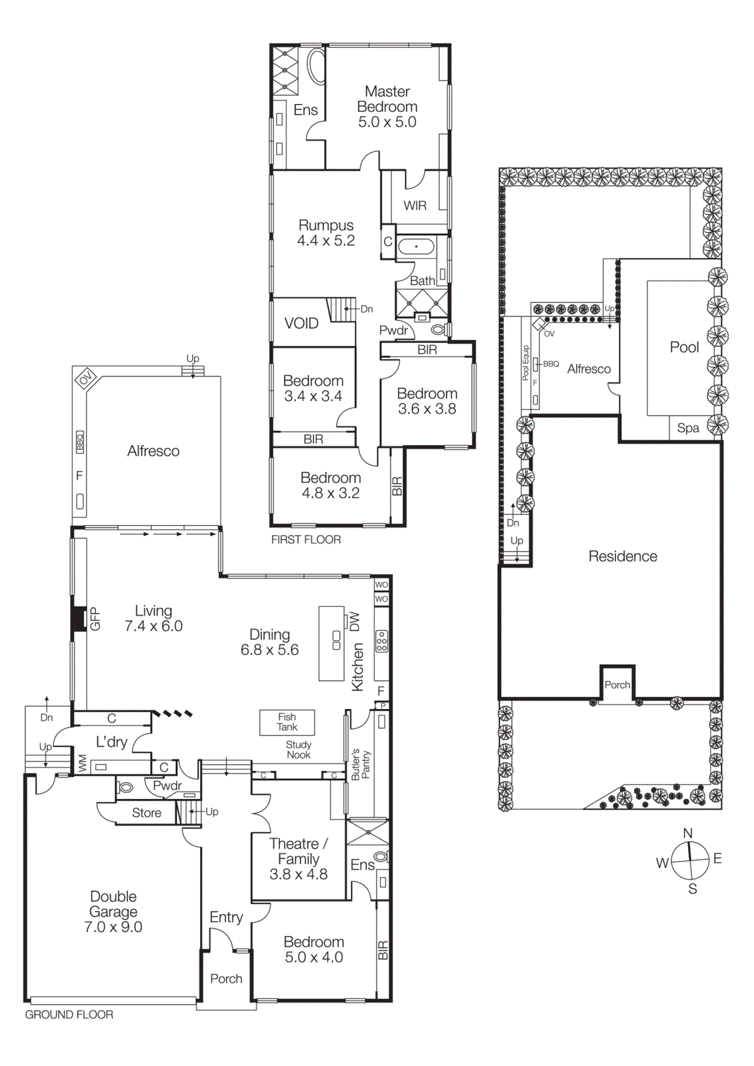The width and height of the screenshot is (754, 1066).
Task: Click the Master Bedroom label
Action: tap(387, 99)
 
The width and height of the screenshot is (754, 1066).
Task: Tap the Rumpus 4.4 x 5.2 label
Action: tap(325, 233)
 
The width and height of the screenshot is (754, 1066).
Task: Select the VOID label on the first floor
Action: tap(301, 324)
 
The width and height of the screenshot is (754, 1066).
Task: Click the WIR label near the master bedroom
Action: tap(415, 206)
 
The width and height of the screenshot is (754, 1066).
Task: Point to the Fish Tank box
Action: tap(287, 722)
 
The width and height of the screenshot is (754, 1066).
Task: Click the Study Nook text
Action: tap(299, 750)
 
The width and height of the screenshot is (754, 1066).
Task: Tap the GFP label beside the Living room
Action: tap(95, 619)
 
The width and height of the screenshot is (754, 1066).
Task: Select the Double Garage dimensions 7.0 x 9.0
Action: tap(113, 927)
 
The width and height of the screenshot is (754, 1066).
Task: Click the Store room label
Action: tap(147, 813)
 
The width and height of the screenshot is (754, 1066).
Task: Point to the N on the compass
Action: tap(688, 833)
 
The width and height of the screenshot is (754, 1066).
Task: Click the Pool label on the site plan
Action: tap(684, 347)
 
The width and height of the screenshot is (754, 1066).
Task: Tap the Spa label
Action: tap(688, 428)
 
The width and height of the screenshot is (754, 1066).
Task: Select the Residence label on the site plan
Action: tap(623, 556)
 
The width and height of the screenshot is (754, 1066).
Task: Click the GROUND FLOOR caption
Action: tap(69, 1015)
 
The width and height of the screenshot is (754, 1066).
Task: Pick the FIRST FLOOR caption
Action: tap(306, 540)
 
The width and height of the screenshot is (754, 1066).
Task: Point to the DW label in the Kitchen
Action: tap(355, 622)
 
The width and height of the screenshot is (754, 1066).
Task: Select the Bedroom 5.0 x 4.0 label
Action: tap(314, 949)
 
